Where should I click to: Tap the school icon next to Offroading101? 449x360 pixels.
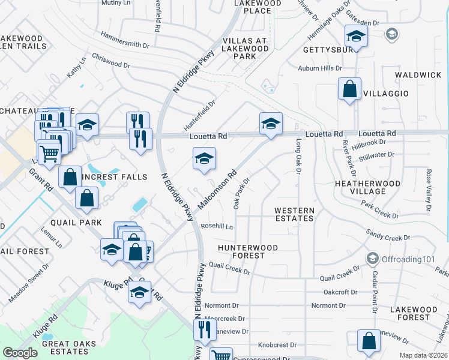[x=372, y=259]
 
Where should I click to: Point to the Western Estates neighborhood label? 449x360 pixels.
[x=294, y=214]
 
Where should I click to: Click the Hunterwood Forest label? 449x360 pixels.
[x=248, y=251]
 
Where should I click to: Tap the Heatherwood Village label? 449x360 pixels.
[x=368, y=187]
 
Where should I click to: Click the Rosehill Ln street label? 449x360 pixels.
[x=217, y=226]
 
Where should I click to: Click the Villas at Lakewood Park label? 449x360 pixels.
[x=244, y=49]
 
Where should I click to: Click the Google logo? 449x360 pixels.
[x=20, y=353]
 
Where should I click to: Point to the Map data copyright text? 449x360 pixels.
[x=423, y=355]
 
